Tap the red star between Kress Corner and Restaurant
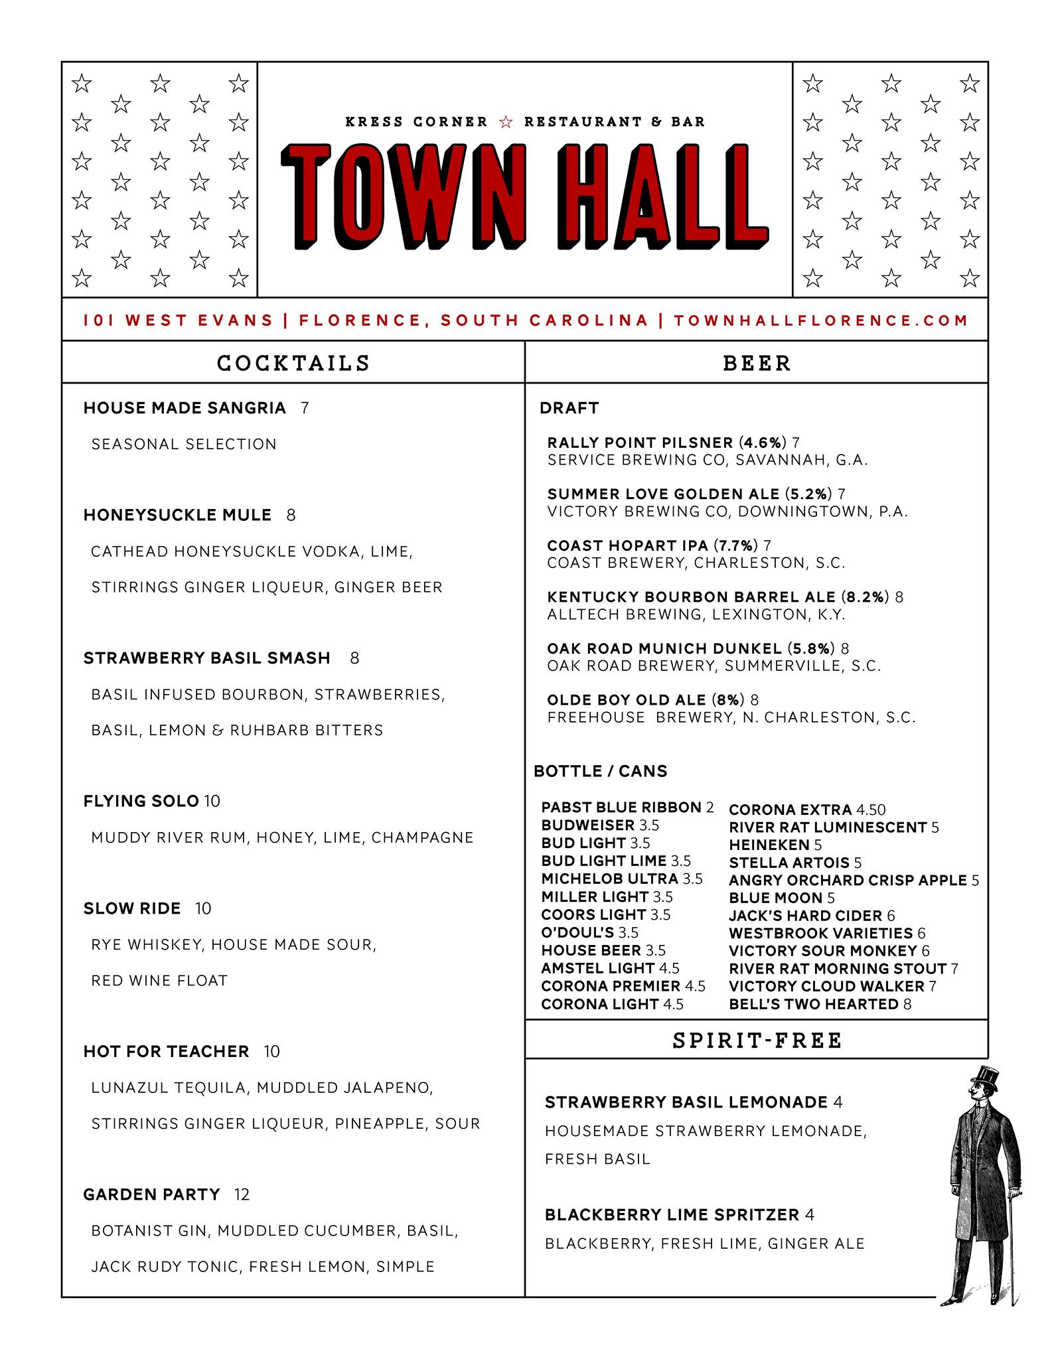506,122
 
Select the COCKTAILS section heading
293,363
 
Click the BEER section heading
757,363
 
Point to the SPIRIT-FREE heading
757,1040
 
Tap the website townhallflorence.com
821,321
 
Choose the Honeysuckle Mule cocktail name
177,515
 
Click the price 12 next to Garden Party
242,1194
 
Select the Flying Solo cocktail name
141,801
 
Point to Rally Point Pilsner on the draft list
640,443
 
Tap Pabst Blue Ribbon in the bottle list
621,808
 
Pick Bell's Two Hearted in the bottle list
813,1004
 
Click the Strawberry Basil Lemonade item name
686,1102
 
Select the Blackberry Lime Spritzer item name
672,1215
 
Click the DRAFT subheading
569,408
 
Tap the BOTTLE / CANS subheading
600,771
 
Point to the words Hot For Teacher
166,1051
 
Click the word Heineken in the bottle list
769,845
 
